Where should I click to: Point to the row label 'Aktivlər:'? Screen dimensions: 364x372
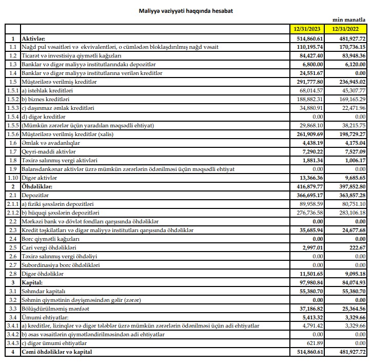pyautogui.click(x=34, y=39)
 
